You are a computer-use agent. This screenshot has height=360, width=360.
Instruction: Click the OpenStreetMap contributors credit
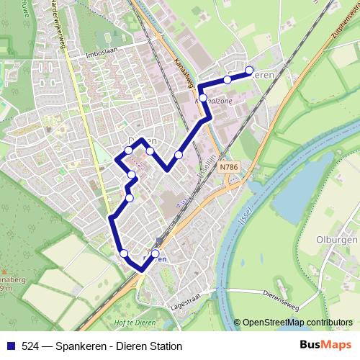click(297, 323)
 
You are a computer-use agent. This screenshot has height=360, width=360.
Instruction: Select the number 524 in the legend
click(30, 346)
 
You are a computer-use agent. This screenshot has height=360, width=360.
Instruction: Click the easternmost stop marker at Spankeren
click(250, 71)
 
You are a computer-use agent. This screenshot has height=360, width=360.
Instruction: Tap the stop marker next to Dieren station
click(155, 253)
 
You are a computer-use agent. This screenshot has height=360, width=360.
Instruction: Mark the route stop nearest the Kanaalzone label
click(203, 97)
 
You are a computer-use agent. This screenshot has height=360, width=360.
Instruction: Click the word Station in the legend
click(166, 346)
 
